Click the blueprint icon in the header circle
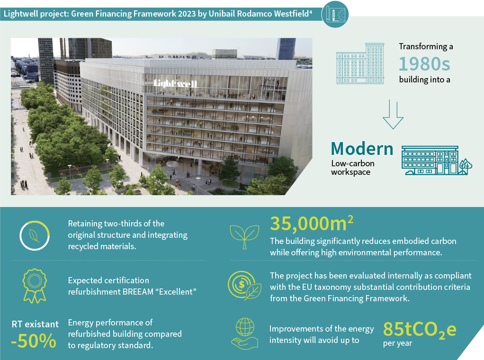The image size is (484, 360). point(335,14)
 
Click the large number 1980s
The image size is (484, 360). point(424,64)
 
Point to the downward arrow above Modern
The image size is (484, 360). point(393,114)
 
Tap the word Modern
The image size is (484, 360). point(362,149)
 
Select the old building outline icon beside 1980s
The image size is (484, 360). point(360,63)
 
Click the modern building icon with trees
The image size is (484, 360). point(437,160)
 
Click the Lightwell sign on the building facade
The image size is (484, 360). point(175,83)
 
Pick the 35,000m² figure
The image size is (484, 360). point(312,223)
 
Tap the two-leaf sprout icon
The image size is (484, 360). point(244,237)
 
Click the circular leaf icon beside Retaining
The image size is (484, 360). point(34,235)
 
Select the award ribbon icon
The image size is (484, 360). point(35,286)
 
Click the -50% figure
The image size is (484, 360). point(34,341)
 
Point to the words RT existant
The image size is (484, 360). point(35,324)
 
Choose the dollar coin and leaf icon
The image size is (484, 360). point(244,286)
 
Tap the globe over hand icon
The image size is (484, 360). point(244,334)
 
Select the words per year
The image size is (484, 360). point(398,343)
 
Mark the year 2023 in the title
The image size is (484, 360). point(187,14)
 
